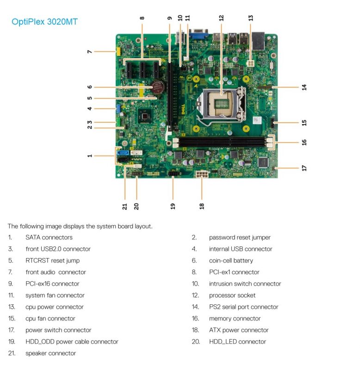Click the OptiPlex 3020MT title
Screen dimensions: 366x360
coord(44,22)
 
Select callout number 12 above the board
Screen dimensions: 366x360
coord(221,18)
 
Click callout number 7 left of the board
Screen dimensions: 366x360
coord(90,51)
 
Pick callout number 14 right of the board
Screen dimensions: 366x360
coord(304,87)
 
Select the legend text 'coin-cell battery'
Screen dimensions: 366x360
coord(231,260)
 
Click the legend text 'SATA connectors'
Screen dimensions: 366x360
coord(49,237)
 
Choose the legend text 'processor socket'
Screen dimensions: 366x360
coord(232,295)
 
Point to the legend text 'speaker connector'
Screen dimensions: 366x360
coord(50,353)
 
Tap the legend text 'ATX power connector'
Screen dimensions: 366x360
coord(238,330)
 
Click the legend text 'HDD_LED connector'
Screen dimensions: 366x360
coord(237,341)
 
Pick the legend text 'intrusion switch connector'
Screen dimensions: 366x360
coord(245,284)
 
